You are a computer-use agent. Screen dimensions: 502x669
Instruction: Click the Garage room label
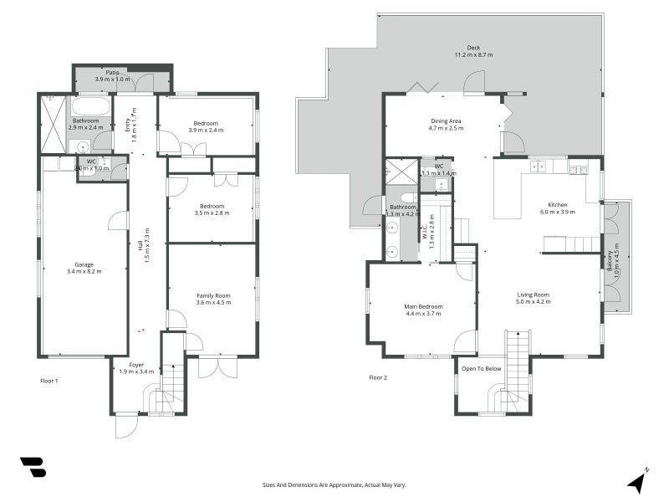[84, 264]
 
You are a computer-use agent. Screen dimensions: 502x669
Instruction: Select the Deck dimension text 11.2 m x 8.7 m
[473, 55]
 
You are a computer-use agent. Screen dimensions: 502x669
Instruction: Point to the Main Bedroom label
[423, 307]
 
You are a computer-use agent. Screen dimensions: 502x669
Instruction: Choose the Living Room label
[533, 295]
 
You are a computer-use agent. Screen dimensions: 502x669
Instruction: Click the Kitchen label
[558, 205]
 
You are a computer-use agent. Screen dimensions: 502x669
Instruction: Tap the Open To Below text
[481, 368]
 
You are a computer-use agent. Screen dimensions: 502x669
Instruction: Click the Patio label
[112, 73]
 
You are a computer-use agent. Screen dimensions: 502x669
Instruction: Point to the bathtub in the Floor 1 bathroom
[90, 107]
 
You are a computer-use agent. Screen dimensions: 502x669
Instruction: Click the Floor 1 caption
[49, 381]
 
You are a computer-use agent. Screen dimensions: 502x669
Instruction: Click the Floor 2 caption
[378, 377]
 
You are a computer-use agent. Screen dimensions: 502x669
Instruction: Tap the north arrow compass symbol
[638, 480]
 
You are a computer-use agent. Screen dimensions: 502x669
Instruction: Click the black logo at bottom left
[33, 468]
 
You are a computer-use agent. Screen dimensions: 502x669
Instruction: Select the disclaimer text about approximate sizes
[334, 484]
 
